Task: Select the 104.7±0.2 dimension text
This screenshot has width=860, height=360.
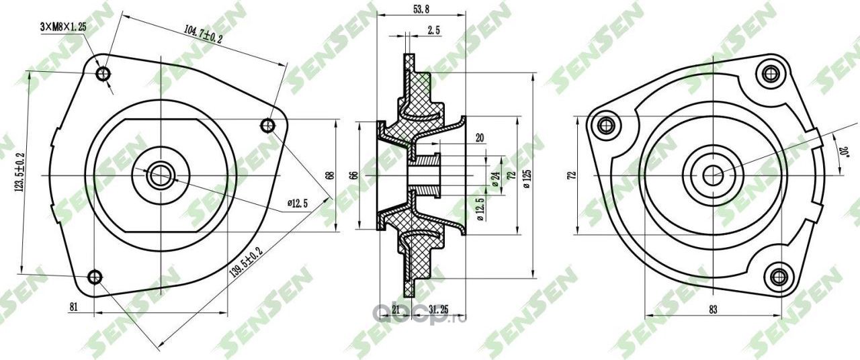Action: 202,33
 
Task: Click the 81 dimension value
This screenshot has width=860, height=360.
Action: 74,307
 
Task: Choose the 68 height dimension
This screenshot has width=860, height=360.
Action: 330,175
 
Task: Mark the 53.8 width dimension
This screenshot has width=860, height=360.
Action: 420,9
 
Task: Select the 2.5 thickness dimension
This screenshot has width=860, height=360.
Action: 433,30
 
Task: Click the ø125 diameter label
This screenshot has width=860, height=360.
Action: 527,176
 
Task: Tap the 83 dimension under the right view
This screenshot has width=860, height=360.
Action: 713,309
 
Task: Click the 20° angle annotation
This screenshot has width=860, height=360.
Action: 843,147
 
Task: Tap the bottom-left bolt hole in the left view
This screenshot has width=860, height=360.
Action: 95,276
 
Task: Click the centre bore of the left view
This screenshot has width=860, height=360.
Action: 160,175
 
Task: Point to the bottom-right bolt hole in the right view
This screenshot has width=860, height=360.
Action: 779,275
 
